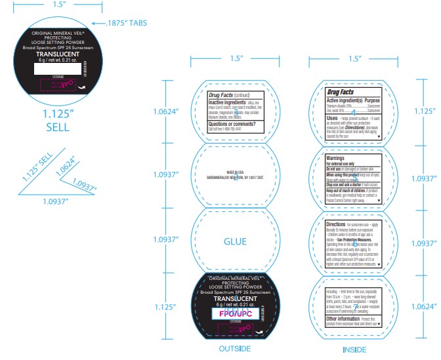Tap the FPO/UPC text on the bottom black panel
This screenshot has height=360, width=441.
point(234,313)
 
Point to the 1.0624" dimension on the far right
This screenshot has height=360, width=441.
point(423,306)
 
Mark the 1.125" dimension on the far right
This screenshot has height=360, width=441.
point(423,111)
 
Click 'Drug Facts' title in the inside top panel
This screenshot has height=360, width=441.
point(340,92)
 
